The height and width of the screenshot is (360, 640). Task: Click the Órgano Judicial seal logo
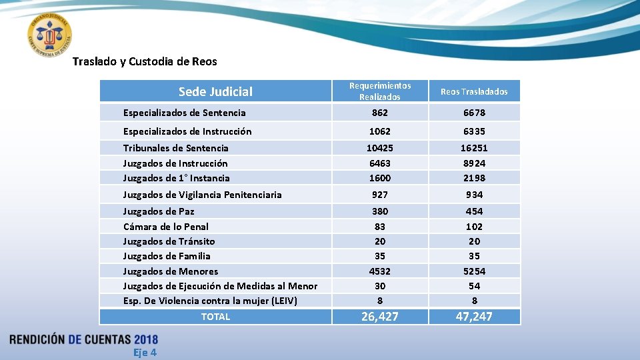50,34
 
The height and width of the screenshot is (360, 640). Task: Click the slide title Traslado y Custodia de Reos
145,61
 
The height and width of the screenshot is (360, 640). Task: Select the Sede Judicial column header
215,91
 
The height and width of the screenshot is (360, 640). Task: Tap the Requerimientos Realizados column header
380,91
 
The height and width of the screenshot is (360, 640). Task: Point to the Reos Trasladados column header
474,91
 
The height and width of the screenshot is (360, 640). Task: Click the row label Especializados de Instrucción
187,131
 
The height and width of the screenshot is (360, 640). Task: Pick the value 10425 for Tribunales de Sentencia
380,148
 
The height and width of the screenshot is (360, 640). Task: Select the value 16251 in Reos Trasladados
474,148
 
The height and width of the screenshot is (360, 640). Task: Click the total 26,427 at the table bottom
380,317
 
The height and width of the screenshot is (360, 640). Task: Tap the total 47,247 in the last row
474,317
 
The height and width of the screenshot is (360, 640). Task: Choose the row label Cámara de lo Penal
165,227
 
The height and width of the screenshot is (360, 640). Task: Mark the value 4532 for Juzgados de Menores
380,271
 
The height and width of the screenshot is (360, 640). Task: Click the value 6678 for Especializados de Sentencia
474,113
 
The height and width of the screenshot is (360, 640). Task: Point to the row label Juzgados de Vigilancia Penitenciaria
202,195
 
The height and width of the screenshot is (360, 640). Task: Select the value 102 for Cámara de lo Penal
474,227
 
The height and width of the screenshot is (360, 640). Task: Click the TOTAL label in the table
215,317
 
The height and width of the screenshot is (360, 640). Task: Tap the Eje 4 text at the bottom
145,352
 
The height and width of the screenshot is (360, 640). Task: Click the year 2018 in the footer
145,339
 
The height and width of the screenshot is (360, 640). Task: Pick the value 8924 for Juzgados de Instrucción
474,163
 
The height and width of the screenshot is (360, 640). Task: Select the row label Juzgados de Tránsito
169,241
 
